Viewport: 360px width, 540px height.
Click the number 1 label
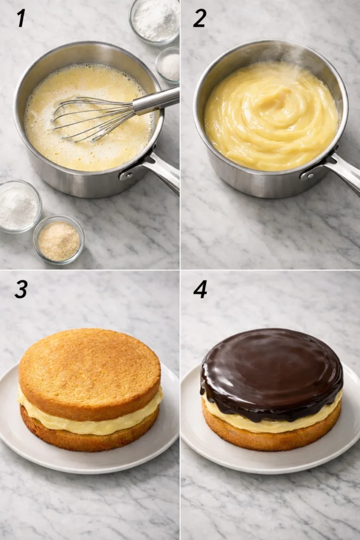21,18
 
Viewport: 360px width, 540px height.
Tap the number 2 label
199,18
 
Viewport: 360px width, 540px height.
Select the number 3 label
21,289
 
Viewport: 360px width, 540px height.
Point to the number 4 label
200,289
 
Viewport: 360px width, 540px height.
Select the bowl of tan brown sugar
59,239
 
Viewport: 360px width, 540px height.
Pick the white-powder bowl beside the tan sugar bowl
19,206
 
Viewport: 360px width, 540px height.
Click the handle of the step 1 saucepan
158,169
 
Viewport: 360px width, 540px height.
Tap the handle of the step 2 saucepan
340,171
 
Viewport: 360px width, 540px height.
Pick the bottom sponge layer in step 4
271,440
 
